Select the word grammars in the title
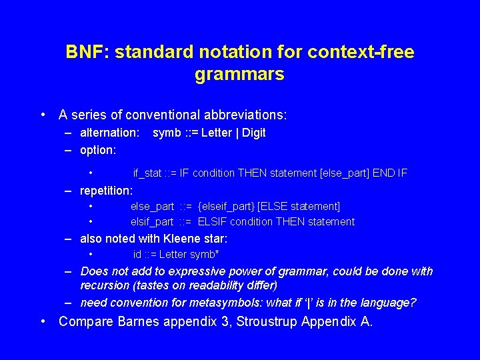tap(239, 74)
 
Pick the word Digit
tap(253, 133)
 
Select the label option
tap(98, 150)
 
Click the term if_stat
tap(147, 173)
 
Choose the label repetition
tap(106, 191)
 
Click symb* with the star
tap(205, 255)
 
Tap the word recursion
tap(107, 285)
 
